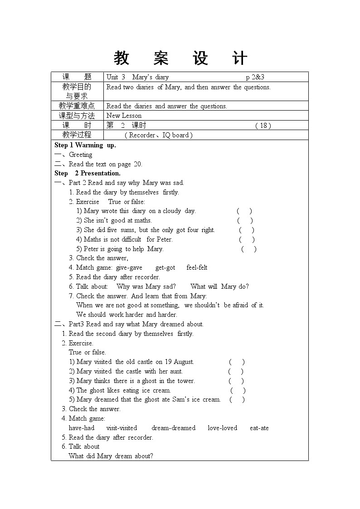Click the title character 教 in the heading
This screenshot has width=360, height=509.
122,58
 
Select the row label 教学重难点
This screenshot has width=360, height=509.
77,106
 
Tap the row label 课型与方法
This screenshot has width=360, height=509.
77,116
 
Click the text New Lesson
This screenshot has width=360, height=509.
124,116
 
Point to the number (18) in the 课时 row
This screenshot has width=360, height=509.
263,126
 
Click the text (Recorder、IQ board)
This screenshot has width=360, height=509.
159,135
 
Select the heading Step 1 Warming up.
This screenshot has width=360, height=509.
85,145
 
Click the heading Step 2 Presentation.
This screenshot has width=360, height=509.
88,173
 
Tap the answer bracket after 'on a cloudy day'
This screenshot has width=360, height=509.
244,211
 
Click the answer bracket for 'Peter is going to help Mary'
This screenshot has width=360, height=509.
249,249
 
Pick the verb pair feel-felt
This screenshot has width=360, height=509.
197,267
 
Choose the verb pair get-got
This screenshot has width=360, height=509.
165,267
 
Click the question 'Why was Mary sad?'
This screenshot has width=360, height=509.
146,286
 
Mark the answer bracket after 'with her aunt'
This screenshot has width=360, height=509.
236,371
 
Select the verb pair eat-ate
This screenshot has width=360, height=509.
259,428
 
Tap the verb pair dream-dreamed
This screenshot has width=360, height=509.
174,428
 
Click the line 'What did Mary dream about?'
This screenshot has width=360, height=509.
111,456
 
